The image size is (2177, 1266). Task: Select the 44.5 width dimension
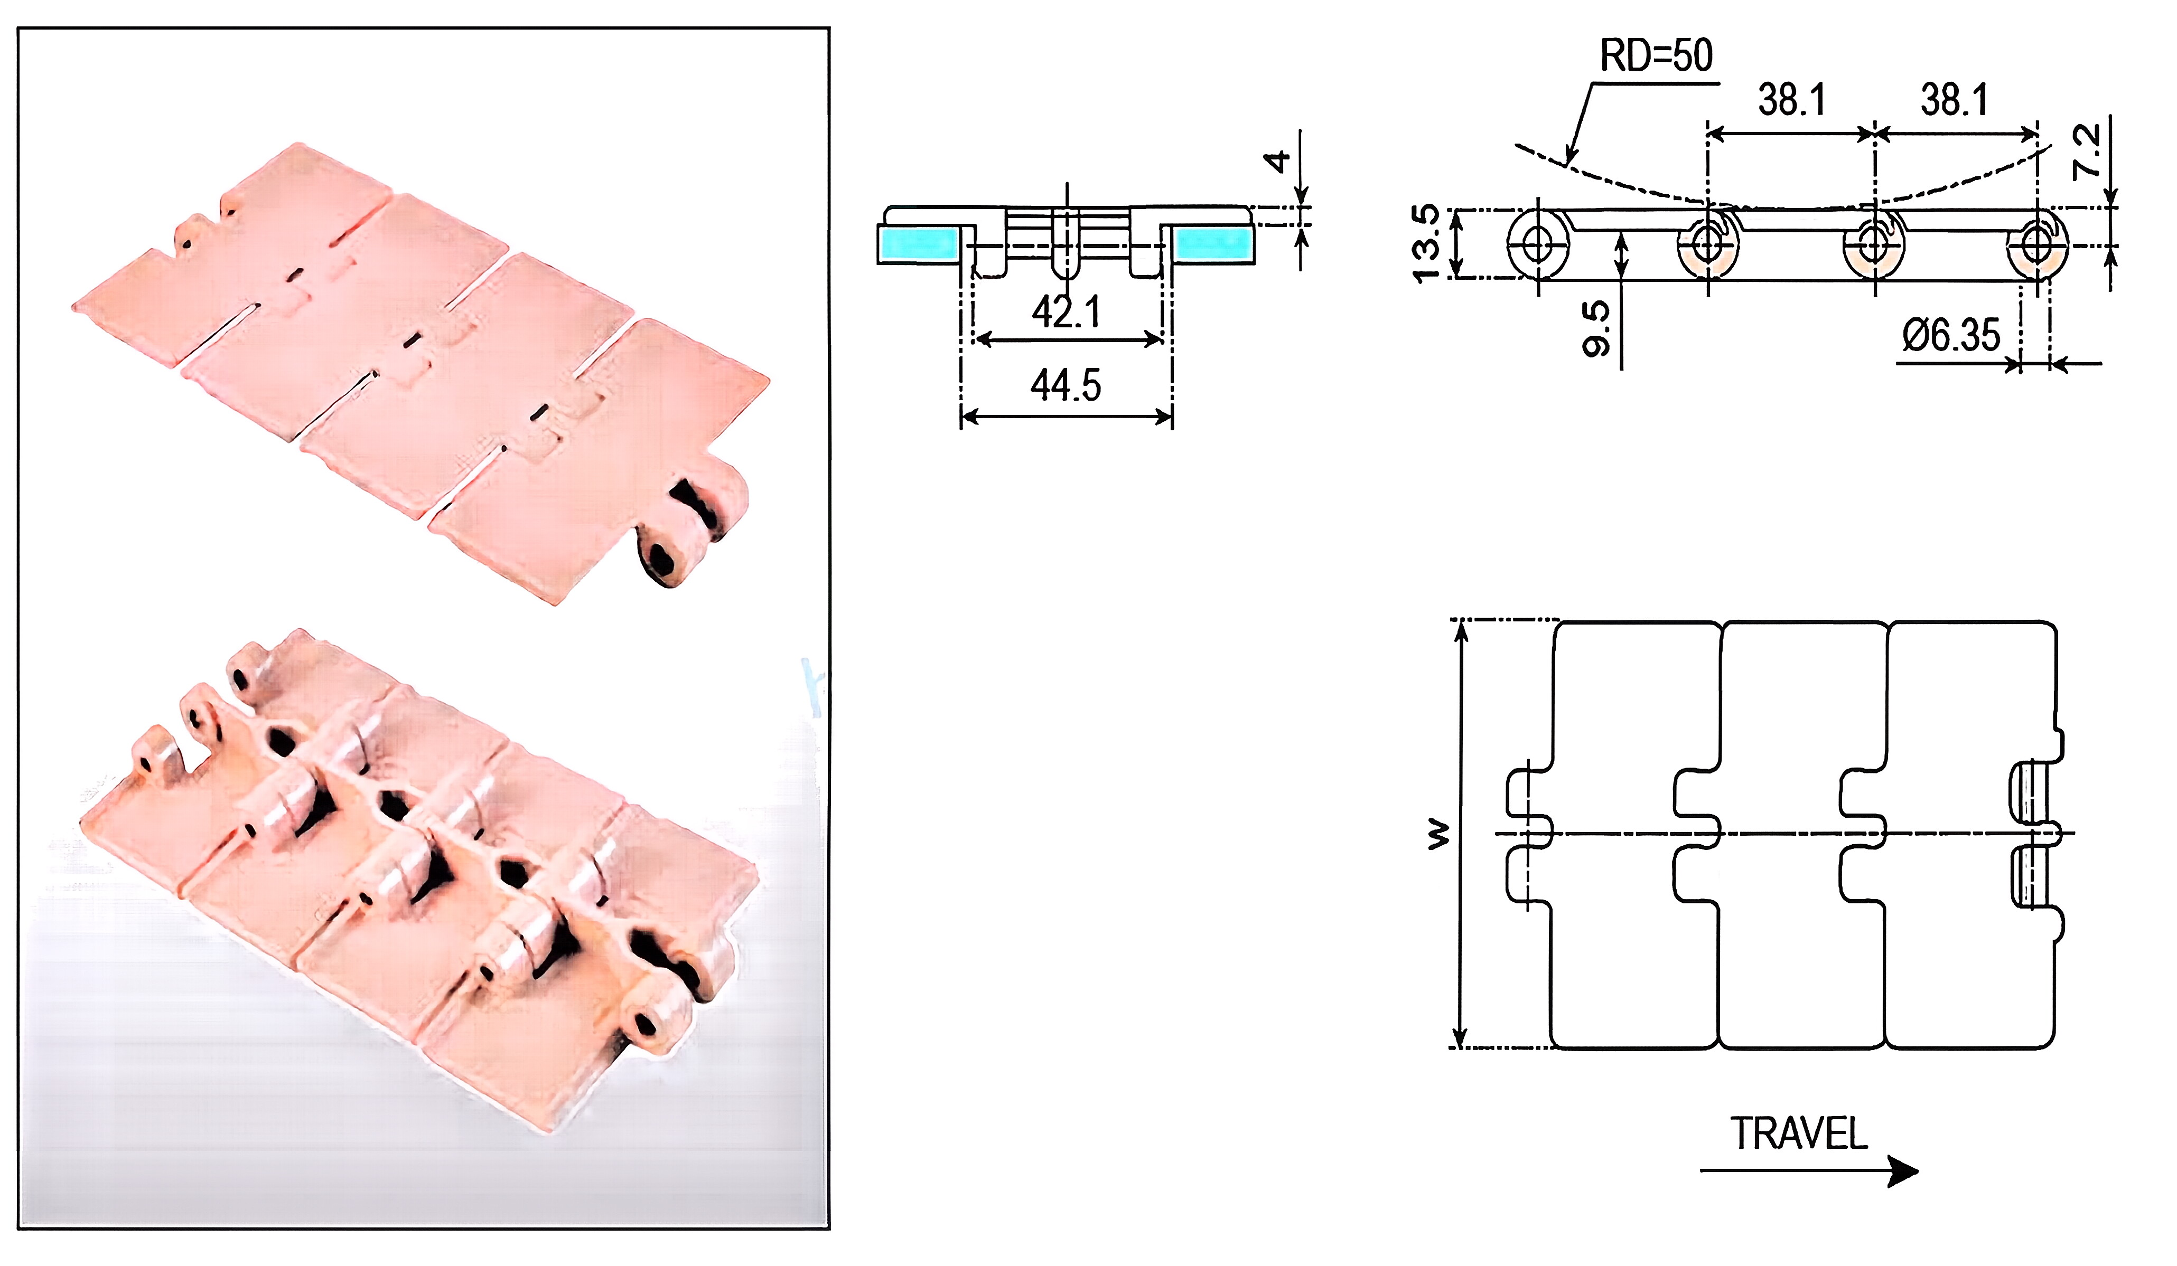pyautogui.click(x=1066, y=385)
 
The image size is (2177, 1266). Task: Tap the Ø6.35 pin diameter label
pyautogui.click(x=1951, y=335)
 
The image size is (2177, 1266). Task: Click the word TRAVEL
pyautogui.click(x=1799, y=1134)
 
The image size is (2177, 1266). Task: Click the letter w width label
pyautogui.click(x=1437, y=834)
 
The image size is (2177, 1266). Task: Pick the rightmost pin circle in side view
pyautogui.click(x=2037, y=244)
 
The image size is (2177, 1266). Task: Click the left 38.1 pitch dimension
pyautogui.click(x=1792, y=100)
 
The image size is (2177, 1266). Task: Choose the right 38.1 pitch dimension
pyautogui.click(x=1954, y=100)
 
